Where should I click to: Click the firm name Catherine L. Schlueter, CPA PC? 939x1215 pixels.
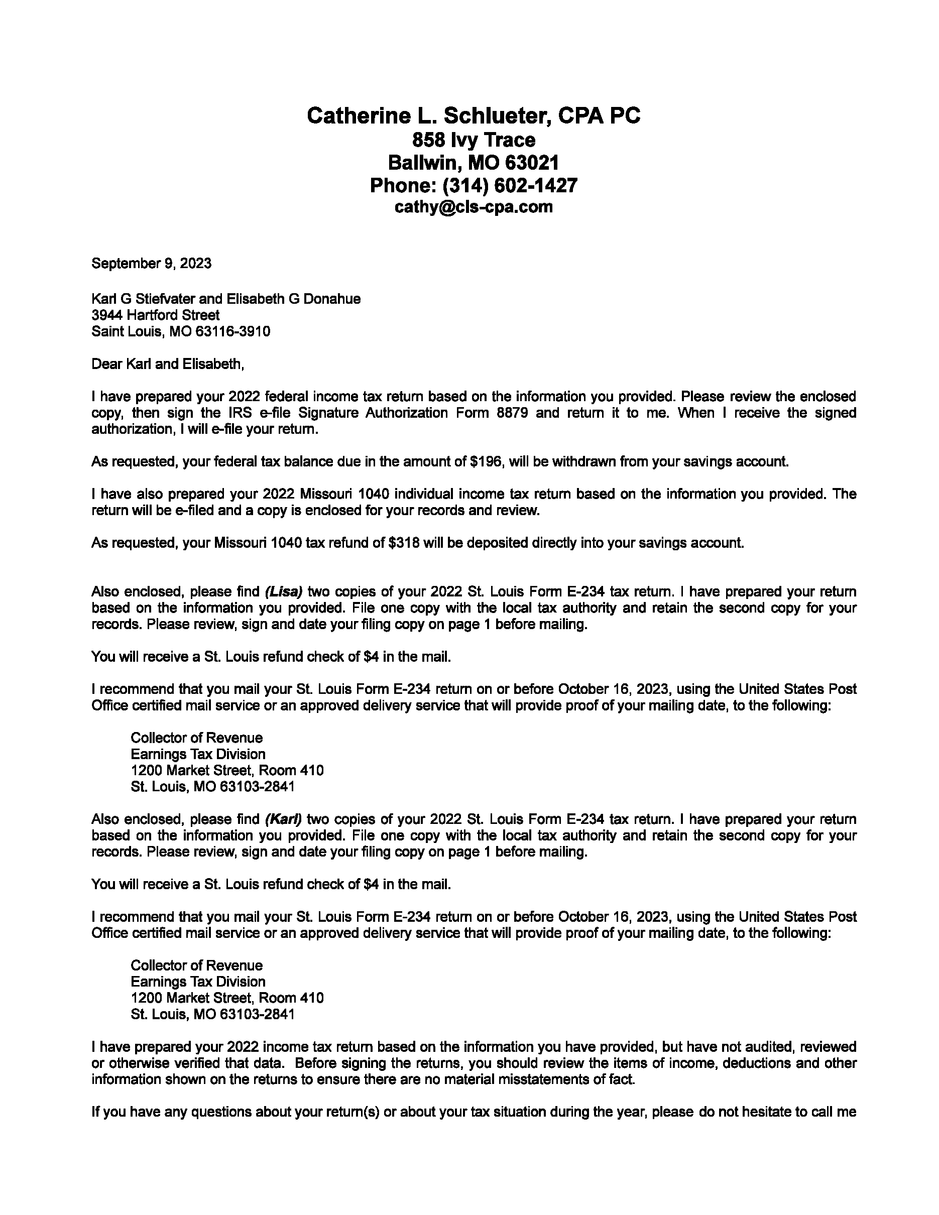(x=474, y=115)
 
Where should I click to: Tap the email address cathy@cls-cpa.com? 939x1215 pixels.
(x=474, y=207)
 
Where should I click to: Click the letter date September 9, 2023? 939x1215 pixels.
(x=151, y=263)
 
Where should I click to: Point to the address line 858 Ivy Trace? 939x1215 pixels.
(x=474, y=140)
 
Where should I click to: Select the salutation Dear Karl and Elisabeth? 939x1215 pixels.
(x=167, y=364)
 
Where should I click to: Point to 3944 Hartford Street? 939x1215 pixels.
(x=155, y=315)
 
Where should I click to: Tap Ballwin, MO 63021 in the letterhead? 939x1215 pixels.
(x=474, y=163)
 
